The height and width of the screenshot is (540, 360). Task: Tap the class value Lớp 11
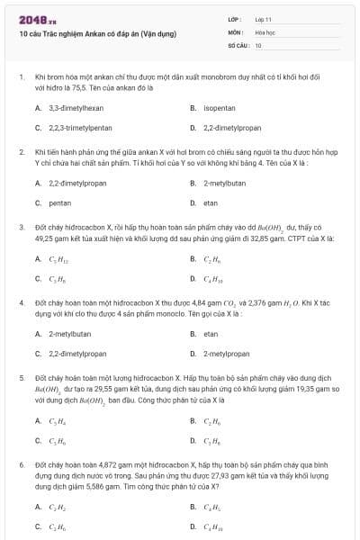pos(264,19)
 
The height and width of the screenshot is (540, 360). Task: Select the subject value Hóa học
pos(265,31)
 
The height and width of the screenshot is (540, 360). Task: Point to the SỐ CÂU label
pos(238,44)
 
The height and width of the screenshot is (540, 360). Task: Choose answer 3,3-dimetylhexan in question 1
pos(70,107)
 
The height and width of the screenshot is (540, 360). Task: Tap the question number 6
pos(22,466)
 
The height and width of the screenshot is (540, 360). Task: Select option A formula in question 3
pos(57,259)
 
